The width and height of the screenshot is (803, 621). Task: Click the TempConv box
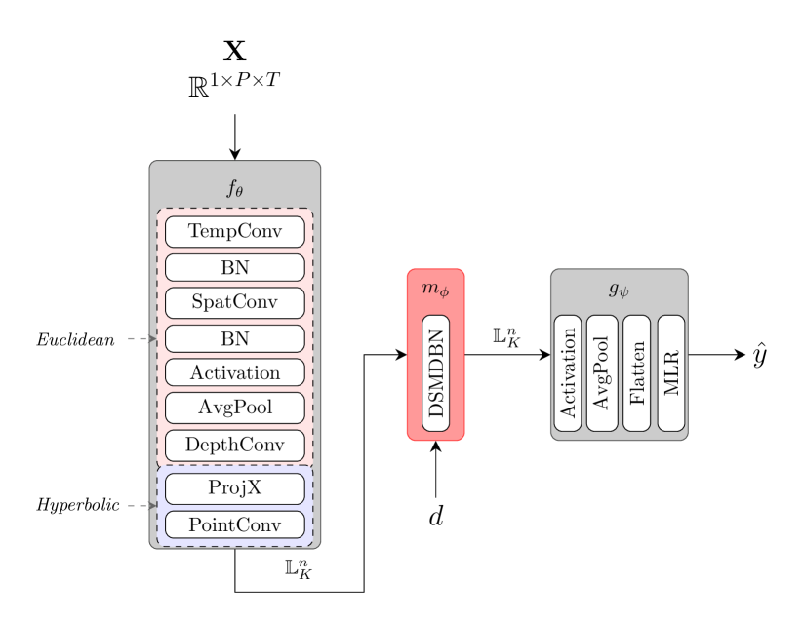tap(234, 232)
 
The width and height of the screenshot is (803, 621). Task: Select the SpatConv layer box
tap(234, 302)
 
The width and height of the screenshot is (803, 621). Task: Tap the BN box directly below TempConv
tap(234, 267)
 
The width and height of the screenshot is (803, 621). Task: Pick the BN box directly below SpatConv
tap(234, 338)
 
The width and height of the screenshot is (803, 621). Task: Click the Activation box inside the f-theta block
tap(234, 372)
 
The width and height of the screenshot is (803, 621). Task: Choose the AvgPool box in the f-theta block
tap(234, 408)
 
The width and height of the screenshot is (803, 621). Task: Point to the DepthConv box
tap(234, 446)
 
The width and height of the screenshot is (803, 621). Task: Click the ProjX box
tap(234, 488)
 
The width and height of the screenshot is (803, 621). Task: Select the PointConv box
tap(234, 524)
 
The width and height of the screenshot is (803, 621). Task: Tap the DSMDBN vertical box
tap(436, 372)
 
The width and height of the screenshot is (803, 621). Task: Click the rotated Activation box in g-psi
tap(568, 372)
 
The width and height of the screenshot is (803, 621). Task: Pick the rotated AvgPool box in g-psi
tap(602, 372)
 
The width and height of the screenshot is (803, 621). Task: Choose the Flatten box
tap(636, 372)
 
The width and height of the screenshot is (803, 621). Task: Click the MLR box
tap(671, 372)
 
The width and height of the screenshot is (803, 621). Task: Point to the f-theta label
tap(235, 189)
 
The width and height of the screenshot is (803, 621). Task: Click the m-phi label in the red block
tap(435, 290)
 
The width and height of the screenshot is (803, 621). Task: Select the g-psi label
tap(619, 290)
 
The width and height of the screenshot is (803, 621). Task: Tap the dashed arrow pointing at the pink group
tap(141, 339)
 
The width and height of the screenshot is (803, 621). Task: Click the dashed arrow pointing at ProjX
tap(141, 506)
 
